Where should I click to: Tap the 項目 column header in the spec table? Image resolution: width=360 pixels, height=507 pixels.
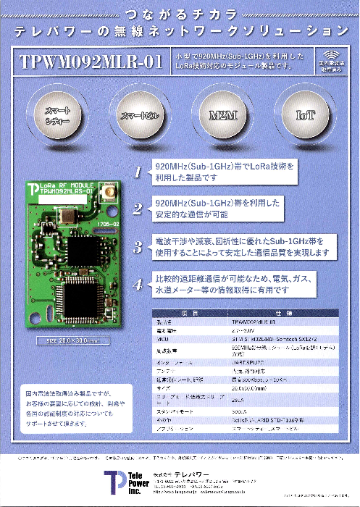click(191, 311)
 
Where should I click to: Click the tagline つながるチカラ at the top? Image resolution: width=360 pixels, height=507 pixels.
click(180, 14)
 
